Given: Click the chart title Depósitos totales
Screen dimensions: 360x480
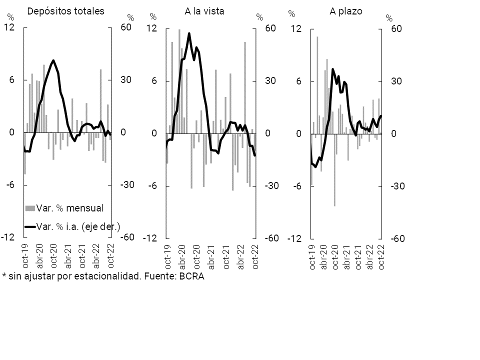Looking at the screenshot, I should [x=65, y=11].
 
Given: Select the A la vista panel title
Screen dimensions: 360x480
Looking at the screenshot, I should [x=203, y=11].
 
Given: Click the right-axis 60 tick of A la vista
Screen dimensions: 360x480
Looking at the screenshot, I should [x=270, y=28].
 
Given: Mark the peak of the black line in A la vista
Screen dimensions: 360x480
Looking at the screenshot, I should [x=189, y=33].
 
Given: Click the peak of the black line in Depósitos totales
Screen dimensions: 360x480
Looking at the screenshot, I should [x=53, y=60].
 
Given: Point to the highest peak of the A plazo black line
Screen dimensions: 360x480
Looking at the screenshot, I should [x=332, y=69].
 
